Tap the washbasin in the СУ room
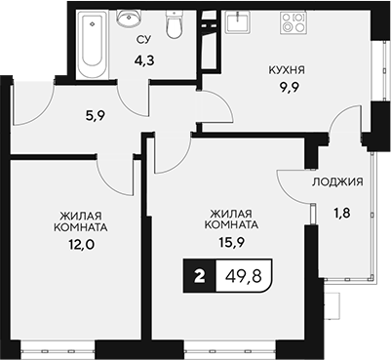(x=129, y=20)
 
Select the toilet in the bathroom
(x=174, y=27)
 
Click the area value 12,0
(x=81, y=247)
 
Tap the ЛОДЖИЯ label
(x=338, y=182)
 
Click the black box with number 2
(x=200, y=277)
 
